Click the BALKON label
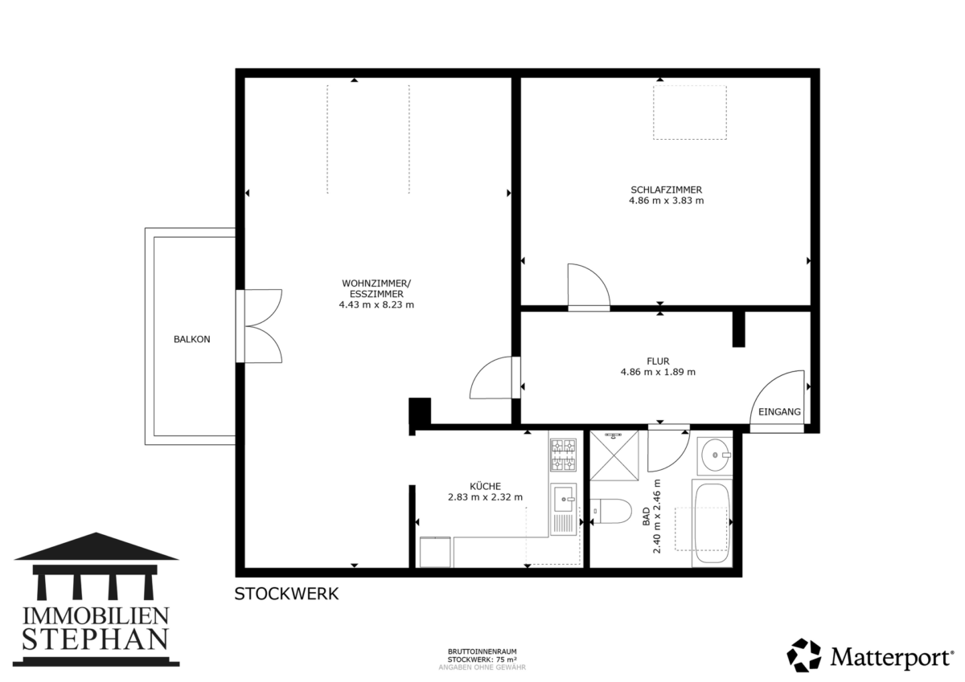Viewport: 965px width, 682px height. [x=191, y=340]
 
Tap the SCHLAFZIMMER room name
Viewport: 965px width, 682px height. [x=666, y=190]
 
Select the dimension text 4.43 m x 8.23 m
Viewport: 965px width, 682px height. [x=376, y=305]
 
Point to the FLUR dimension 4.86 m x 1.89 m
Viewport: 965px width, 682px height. [x=658, y=372]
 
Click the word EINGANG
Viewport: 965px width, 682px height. [x=779, y=412]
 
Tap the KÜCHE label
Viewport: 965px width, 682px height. [x=485, y=486]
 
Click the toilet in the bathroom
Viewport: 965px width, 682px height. [x=610, y=511]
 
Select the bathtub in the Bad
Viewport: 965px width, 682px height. [x=712, y=523]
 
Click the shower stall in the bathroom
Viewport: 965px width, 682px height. [x=614, y=455]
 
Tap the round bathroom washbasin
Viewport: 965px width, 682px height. [x=715, y=455]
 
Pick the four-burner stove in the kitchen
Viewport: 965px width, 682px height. [x=564, y=455]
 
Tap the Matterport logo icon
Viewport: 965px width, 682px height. [x=804, y=655]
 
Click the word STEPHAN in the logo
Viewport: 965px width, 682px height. [x=95, y=640]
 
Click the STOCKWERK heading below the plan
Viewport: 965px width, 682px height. [x=286, y=594]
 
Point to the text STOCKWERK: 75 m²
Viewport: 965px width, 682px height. [x=482, y=660]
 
